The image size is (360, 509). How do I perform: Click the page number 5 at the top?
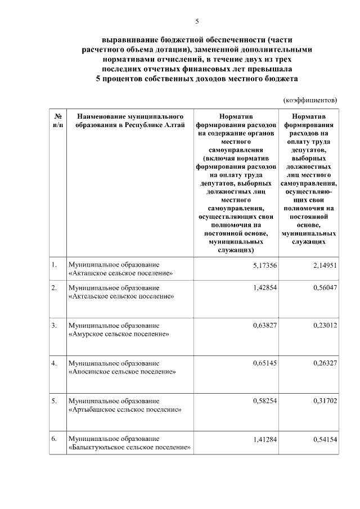197,21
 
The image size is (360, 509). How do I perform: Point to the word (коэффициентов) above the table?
310,100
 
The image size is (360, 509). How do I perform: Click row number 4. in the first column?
54,363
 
